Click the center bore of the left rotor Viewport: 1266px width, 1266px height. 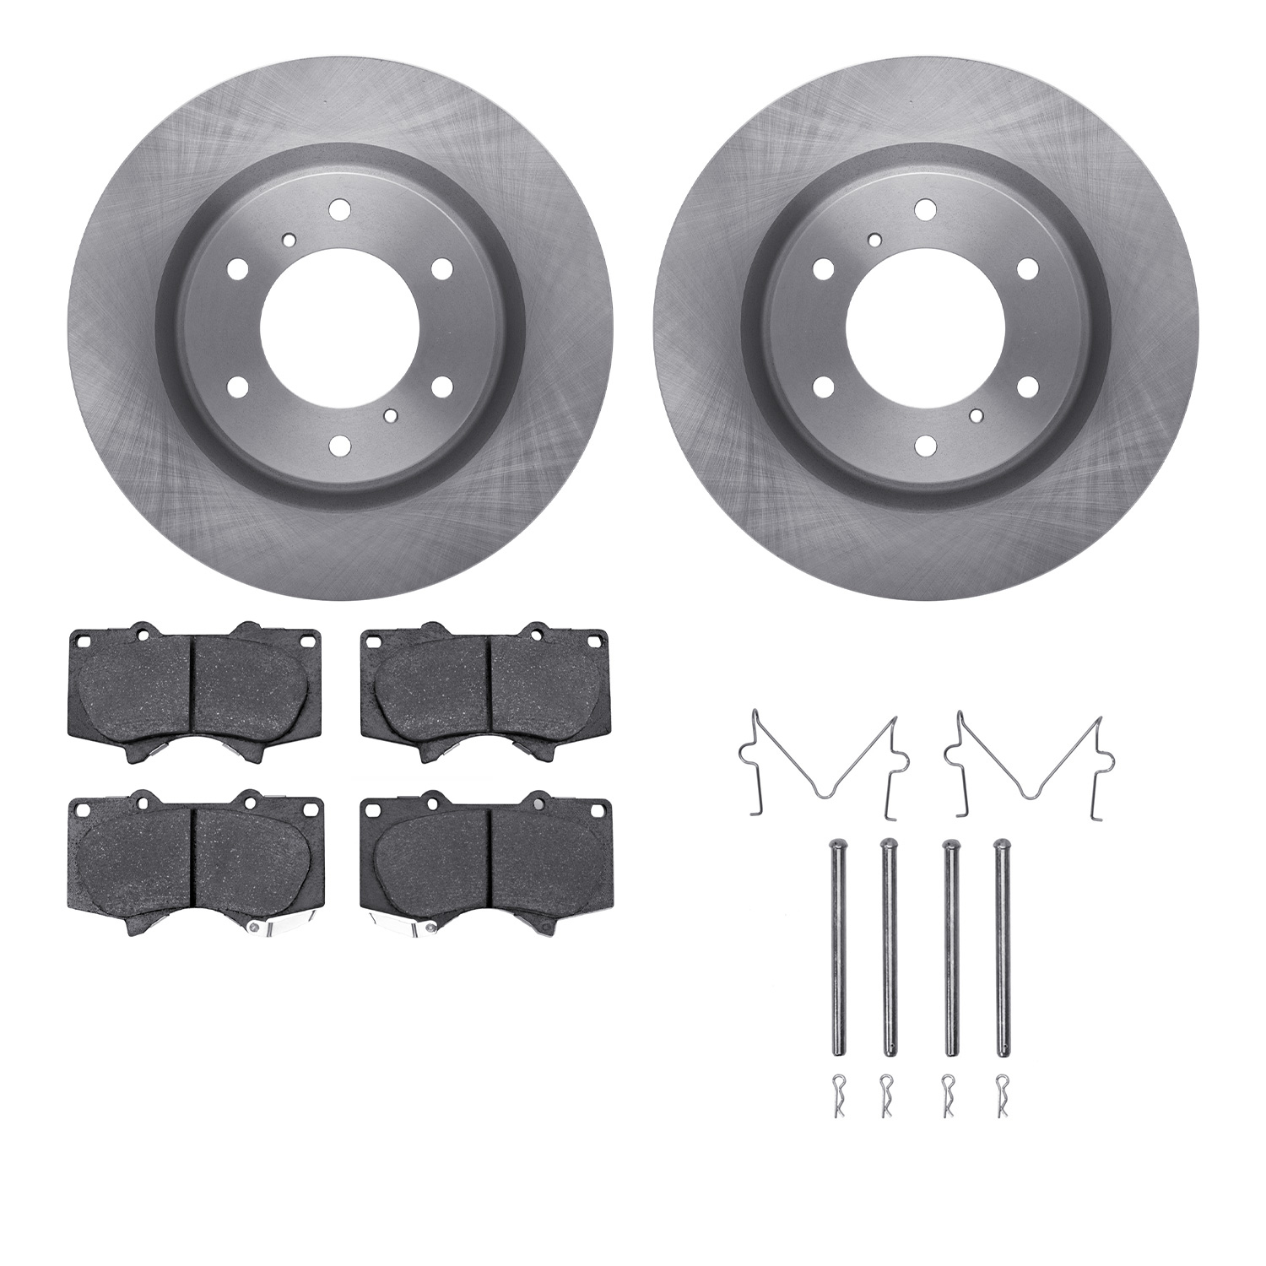point(340,327)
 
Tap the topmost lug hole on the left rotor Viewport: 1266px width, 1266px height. point(339,208)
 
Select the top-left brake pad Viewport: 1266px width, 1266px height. point(194,690)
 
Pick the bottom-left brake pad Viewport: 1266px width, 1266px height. point(194,861)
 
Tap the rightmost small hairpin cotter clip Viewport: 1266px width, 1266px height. point(1002,1094)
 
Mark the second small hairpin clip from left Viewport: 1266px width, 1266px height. point(886,1094)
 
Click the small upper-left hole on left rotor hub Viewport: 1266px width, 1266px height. point(289,239)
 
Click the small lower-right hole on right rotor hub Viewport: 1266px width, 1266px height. point(977,415)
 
